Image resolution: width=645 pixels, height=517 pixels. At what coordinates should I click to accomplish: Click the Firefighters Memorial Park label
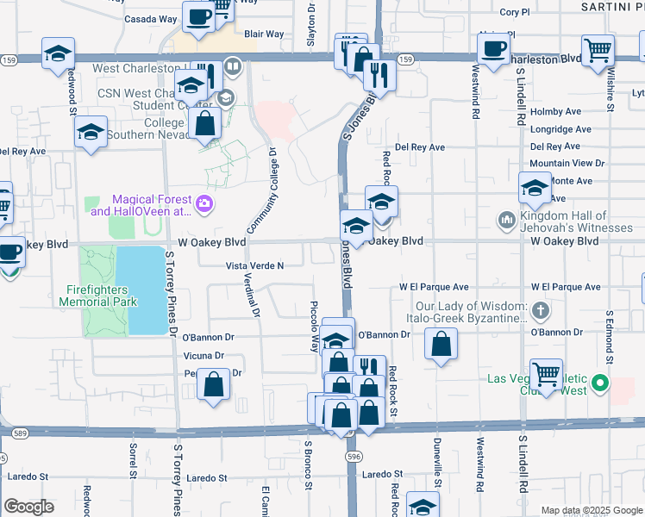[x=98, y=296]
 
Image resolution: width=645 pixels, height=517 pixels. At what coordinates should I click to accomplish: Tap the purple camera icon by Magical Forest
[x=204, y=204]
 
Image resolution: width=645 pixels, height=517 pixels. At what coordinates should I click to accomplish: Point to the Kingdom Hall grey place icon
[x=506, y=221]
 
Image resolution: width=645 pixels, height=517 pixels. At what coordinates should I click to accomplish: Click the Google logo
[x=28, y=507]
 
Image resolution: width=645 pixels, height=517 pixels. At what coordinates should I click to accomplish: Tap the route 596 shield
[x=353, y=455]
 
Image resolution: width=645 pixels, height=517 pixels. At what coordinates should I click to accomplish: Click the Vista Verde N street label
[x=254, y=266]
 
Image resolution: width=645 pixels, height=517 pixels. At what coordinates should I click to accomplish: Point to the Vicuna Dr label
[x=204, y=355]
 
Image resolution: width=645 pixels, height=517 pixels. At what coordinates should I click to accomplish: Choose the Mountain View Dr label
[x=567, y=163]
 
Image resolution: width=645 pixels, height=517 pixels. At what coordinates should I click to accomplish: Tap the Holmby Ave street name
[x=556, y=111]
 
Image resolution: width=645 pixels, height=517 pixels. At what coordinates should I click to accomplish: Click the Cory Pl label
[x=514, y=12]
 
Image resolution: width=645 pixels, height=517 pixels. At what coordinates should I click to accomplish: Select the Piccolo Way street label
[x=314, y=326]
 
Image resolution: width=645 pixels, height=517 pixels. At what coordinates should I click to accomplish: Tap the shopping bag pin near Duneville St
[x=441, y=345]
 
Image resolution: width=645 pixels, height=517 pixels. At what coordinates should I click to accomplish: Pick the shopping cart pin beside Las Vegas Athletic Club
[x=547, y=374]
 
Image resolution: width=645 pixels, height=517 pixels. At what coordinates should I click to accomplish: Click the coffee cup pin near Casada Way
[x=198, y=17]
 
